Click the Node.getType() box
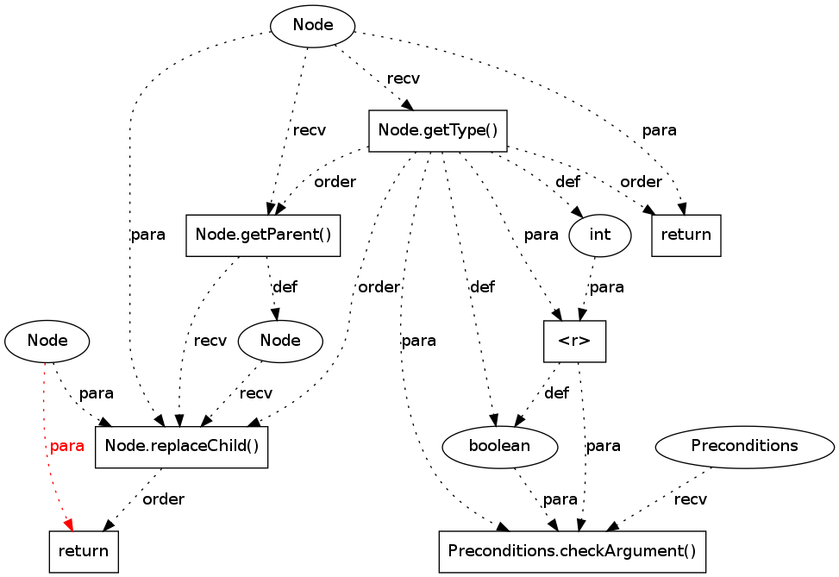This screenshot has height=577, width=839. pos(437,131)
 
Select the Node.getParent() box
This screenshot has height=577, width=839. pos(263,235)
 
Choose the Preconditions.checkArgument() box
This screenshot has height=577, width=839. pos(572,551)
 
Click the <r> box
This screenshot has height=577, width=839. pos(574,341)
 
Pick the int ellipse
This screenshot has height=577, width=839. pos(600,235)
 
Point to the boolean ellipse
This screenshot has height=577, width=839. pos(499,446)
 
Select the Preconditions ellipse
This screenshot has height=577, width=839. pos(744,446)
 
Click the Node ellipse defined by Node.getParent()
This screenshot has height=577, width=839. pos(280,341)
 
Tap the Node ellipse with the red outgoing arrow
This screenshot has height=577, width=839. pos(47,341)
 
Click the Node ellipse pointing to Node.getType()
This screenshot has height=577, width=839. pos(313,26)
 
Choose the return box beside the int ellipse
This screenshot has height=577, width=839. pos(686,235)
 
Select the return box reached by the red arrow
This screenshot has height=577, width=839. pos(83,551)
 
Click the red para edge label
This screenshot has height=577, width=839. pos(67,446)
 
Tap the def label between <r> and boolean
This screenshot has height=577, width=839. pos(556,393)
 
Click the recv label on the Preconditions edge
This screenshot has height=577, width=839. pos(691,499)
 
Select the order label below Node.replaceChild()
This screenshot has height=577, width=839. pos(163,499)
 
